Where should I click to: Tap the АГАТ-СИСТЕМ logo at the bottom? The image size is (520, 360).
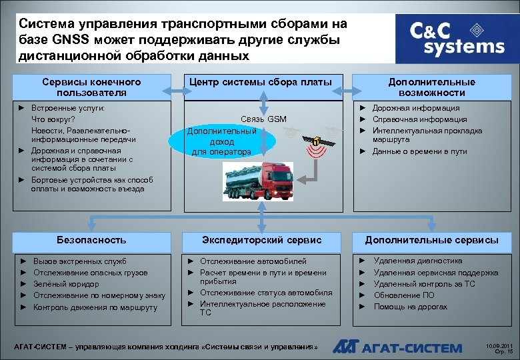(397, 347)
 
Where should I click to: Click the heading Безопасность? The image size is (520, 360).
(91, 239)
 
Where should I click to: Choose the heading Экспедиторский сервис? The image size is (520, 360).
(262, 239)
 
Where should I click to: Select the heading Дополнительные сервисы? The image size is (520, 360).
(431, 239)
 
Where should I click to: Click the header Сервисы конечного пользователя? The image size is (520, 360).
(91, 87)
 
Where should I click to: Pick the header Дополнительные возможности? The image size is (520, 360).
(431, 87)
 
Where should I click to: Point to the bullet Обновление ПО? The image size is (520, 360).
(403, 295)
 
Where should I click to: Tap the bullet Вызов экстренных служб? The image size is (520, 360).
(79, 261)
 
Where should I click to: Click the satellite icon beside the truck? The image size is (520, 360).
(315, 141)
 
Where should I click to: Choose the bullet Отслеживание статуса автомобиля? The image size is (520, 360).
(266, 293)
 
